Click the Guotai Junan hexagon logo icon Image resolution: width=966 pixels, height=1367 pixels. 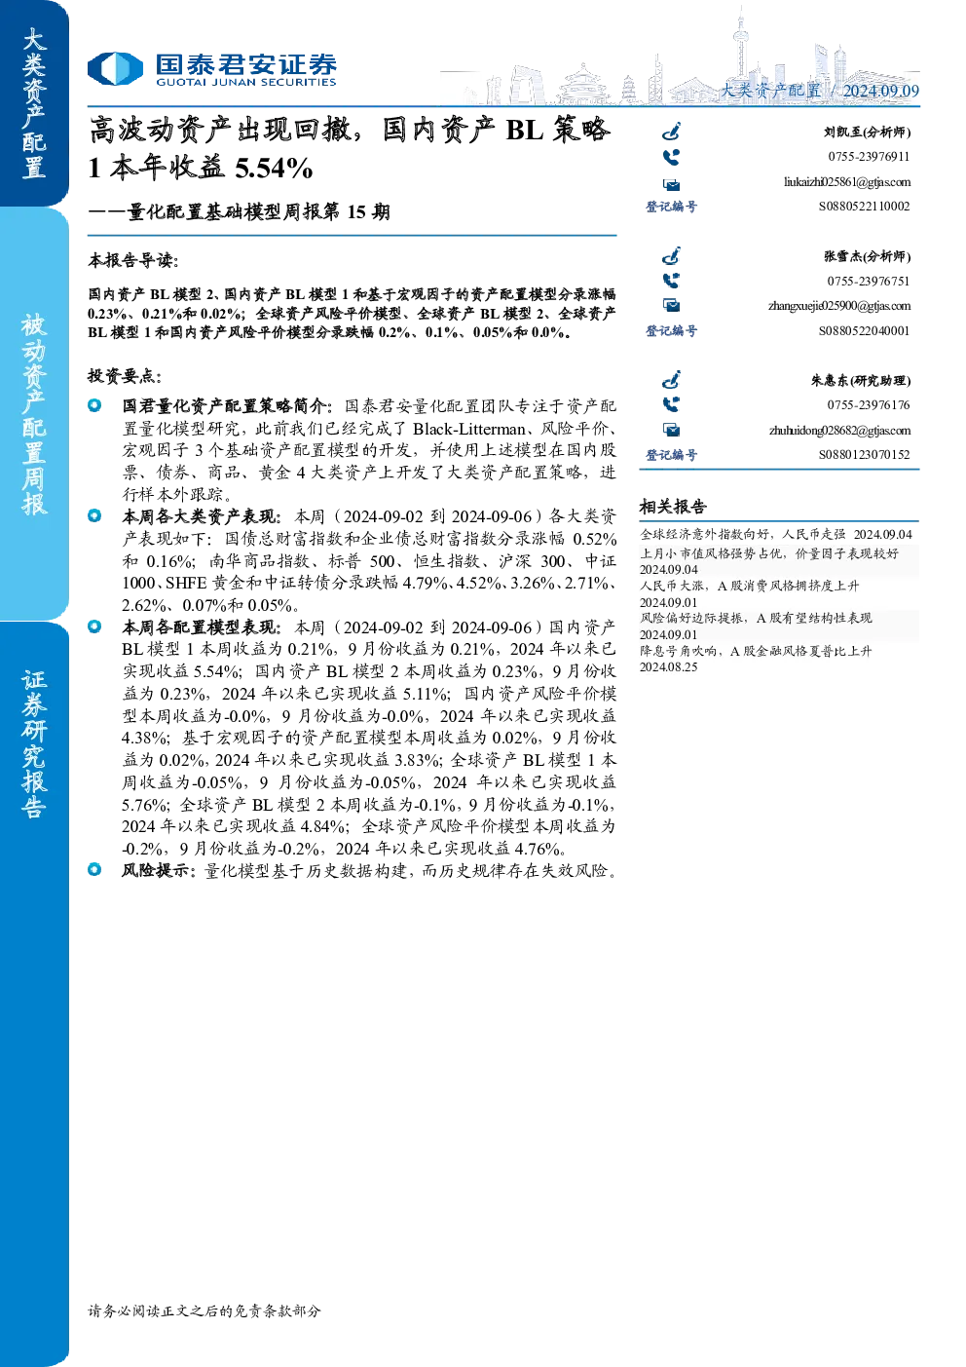tap(115, 68)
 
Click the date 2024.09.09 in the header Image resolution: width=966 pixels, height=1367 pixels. tap(880, 91)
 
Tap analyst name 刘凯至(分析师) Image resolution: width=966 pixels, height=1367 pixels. tap(867, 132)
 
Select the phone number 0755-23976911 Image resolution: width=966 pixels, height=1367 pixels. tap(869, 156)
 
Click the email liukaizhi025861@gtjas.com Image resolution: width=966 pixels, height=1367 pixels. tap(847, 182)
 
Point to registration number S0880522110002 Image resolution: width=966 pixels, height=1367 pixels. tap(864, 207)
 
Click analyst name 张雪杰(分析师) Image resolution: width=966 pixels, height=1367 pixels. tap(867, 256)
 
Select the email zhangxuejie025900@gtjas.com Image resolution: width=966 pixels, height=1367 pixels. tap(839, 306)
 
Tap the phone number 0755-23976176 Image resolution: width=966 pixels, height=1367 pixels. tap(869, 404)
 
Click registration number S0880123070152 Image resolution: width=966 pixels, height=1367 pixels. tap(864, 454)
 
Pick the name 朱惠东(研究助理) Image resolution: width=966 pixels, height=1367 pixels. tap(861, 380)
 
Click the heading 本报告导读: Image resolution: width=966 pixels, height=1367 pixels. tap(133, 260)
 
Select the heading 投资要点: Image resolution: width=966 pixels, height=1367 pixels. tap(125, 376)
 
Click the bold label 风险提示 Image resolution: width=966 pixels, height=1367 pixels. tap(155, 870)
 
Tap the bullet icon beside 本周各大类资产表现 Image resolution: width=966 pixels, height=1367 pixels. tap(94, 516)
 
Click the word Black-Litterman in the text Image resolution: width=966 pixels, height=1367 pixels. tap(468, 429)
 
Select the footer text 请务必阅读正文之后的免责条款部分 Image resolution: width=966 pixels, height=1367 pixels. tap(204, 1310)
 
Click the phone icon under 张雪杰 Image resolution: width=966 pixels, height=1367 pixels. tap(671, 281)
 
